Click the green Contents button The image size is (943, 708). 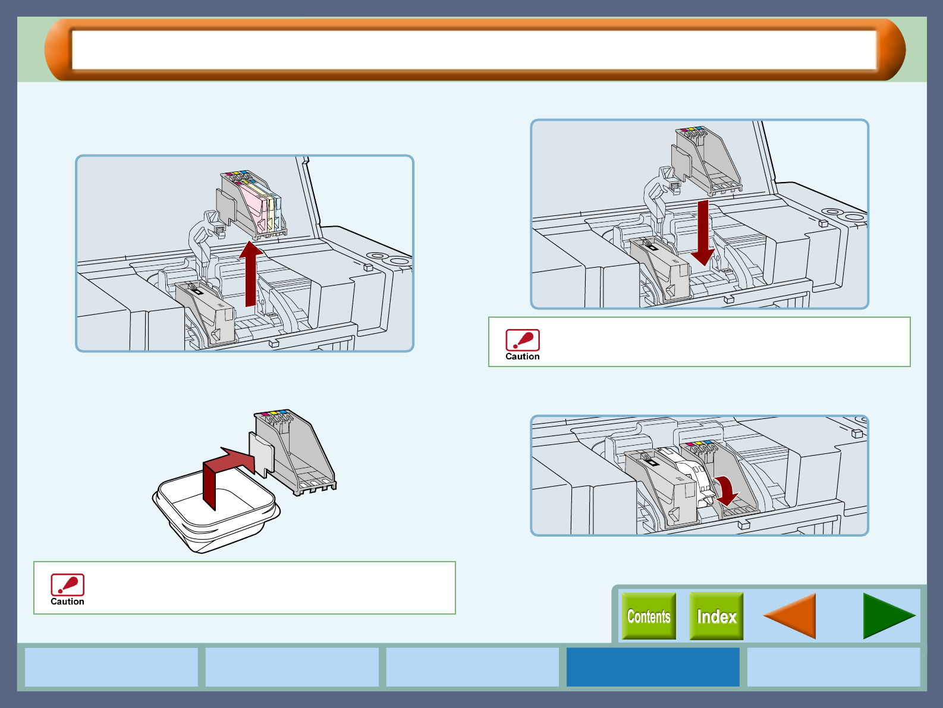coord(649,616)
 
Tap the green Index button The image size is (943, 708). coord(716,616)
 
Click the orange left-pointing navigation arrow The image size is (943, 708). coord(790,616)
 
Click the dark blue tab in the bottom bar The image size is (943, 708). coord(653,667)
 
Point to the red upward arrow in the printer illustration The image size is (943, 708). coord(251,274)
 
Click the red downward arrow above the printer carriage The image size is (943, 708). coord(703,233)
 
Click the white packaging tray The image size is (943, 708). coord(216,512)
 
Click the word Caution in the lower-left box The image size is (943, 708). coord(67,602)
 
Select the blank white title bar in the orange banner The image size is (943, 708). coord(474,50)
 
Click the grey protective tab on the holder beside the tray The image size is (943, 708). coord(262,453)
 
